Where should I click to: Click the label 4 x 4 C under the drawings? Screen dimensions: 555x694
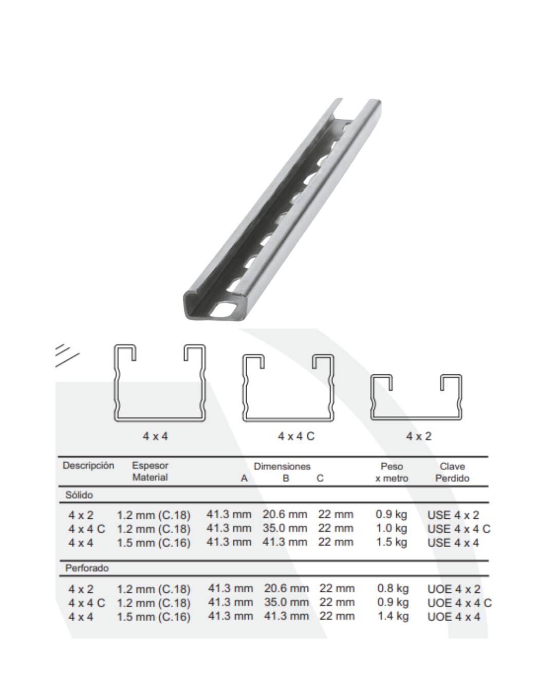(296, 436)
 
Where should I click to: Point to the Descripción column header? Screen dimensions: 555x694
(88, 465)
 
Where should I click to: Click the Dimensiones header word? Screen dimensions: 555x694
(282, 466)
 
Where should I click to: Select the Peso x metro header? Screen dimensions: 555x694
(392, 472)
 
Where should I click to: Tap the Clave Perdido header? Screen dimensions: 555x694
(452, 472)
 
